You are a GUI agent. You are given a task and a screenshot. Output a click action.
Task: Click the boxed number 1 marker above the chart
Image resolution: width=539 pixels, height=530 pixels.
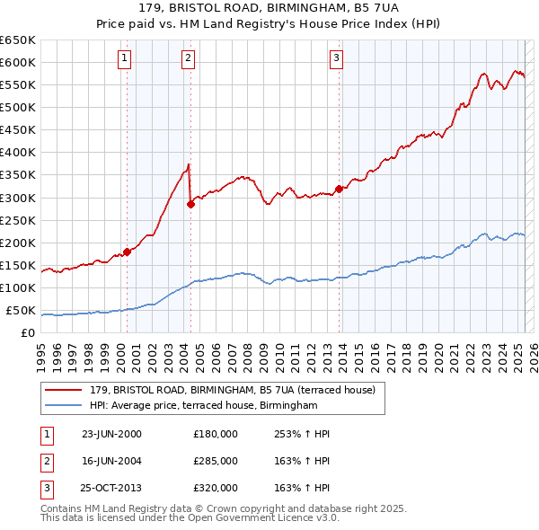pyautogui.click(x=123, y=59)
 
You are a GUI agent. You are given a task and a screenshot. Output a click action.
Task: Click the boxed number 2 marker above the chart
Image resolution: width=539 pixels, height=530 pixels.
pyautogui.click(x=188, y=59)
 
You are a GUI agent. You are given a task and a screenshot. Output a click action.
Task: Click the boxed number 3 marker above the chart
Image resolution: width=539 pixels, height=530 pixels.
pyautogui.click(x=336, y=59)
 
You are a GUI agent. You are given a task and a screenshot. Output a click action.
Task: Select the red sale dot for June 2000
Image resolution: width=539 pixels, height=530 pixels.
pyautogui.click(x=127, y=252)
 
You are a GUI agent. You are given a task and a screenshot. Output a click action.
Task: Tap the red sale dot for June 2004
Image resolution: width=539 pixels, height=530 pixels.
pyautogui.click(x=190, y=204)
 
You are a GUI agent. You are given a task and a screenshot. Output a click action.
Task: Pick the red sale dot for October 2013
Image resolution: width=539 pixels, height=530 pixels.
pyautogui.click(x=339, y=189)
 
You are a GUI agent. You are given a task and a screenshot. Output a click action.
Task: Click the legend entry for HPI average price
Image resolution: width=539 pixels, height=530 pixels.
pyautogui.click(x=204, y=406)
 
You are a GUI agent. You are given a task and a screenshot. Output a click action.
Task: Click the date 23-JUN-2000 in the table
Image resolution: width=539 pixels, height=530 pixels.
pyautogui.click(x=111, y=434)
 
